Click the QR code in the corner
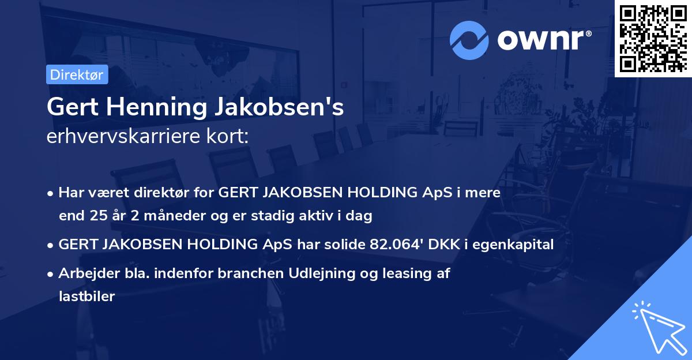point(653,38)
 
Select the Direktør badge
point(76,75)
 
